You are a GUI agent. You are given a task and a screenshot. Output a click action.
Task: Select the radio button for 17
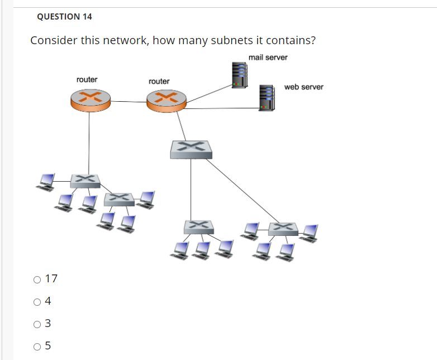pos(37,278)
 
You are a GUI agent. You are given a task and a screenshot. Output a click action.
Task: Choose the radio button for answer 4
pos(37,301)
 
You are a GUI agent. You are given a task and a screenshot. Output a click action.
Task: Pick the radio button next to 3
pos(37,324)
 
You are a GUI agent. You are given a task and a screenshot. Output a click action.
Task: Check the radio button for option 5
pos(37,346)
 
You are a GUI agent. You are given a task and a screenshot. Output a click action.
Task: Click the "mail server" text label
pos(268,58)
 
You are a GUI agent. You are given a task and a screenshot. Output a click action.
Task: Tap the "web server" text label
pos(303,87)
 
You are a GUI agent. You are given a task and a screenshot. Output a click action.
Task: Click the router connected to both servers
pos(166,101)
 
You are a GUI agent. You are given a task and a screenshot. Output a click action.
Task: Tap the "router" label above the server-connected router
pos(159,82)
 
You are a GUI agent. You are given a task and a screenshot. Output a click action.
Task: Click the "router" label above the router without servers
pos(87,79)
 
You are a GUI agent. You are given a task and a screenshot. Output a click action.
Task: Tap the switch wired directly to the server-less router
pos(85,180)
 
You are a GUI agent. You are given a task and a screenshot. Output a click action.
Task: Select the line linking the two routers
pos(128,102)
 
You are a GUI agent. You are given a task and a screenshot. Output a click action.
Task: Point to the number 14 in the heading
pos(87,17)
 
